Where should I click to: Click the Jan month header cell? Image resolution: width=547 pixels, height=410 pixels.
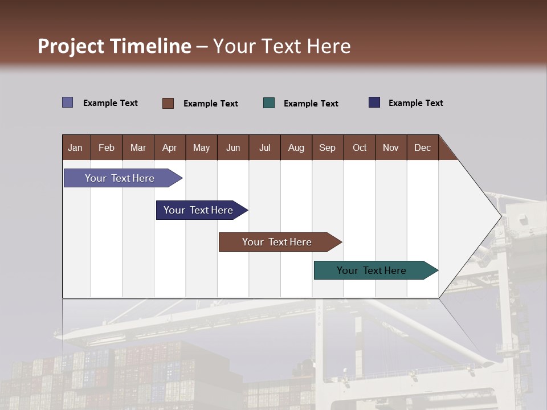point(75,147)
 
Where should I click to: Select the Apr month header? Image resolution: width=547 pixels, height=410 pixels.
point(169,147)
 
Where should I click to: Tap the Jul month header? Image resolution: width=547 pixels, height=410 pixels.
point(264,147)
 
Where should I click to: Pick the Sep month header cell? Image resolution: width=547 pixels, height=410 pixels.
point(327,147)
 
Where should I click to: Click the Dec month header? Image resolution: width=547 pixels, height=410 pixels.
point(422,147)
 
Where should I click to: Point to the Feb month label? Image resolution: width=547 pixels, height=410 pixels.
point(107,147)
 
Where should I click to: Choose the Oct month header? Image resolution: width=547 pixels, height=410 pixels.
point(360,147)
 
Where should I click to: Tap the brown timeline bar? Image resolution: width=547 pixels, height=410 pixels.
point(277,242)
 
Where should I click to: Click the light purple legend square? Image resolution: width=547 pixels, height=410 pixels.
point(67,102)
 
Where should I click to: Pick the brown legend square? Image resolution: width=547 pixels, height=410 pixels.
point(168,103)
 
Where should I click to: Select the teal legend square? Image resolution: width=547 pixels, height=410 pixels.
point(269,103)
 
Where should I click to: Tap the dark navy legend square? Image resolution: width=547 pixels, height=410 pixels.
point(374,102)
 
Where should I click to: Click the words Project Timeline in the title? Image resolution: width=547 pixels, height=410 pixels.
point(114,46)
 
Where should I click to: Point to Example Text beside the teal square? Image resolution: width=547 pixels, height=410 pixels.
point(311,104)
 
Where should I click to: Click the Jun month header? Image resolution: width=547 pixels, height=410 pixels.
point(233,147)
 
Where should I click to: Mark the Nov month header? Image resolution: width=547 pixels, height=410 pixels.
point(391,147)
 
